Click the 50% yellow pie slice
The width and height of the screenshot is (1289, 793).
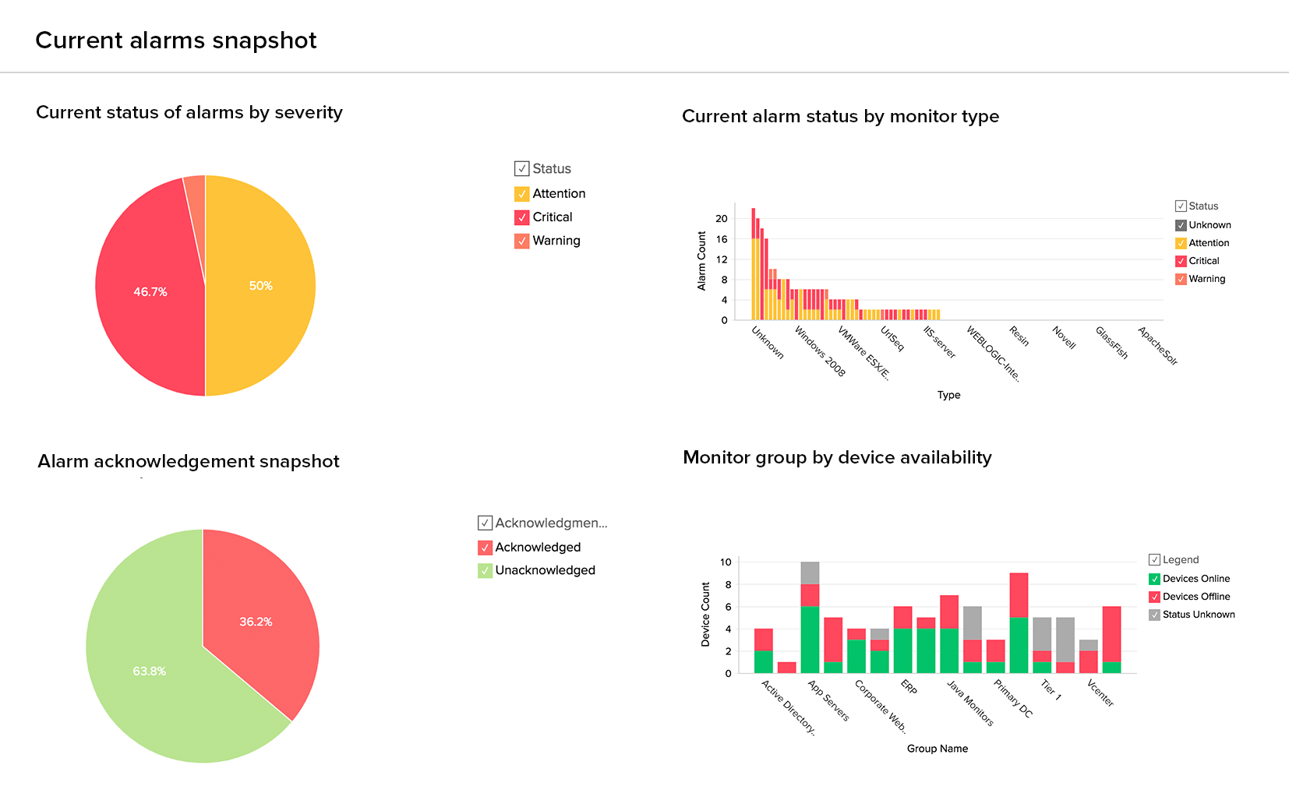coord(261,286)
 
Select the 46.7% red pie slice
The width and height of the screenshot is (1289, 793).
coord(150,291)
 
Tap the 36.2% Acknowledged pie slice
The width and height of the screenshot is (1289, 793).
coord(256,621)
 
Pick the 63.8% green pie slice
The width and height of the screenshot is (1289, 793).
coord(149,671)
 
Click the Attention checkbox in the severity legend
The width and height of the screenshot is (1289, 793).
coord(522,194)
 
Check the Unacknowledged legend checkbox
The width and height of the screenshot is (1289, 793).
coord(485,571)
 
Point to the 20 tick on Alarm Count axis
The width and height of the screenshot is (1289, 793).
coord(722,219)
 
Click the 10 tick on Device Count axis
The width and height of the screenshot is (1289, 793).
coord(726,562)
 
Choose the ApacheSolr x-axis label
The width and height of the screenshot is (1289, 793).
coord(1157,346)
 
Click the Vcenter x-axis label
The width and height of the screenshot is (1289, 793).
coord(1100,693)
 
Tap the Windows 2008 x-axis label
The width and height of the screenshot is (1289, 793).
coord(820,351)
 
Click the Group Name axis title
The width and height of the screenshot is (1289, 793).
coord(937,749)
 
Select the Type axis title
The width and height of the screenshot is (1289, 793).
coord(948,395)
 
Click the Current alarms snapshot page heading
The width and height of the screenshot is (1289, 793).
coord(176,41)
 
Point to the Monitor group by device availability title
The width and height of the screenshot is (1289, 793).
coord(837,457)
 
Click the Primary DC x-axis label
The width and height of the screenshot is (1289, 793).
coord(1012,698)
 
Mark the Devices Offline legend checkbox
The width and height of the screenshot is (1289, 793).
coord(1155,597)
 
